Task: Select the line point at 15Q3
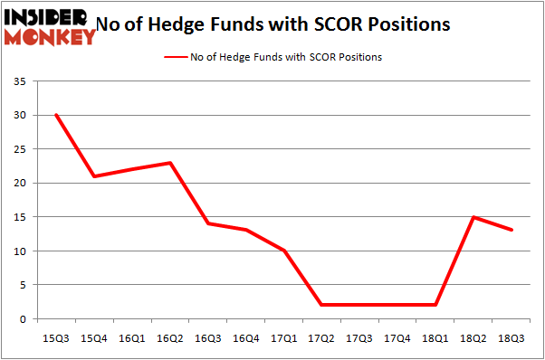pos(55,115)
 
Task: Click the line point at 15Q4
pos(93,175)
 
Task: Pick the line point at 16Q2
pos(169,163)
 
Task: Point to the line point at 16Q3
pos(208,223)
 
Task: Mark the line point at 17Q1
pos(284,251)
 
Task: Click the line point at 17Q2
pos(322,305)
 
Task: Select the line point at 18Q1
pos(436,305)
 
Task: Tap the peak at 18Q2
pos(474,217)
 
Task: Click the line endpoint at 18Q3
pos(512,230)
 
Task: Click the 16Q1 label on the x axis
pos(131,338)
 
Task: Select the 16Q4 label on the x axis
pos(246,338)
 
